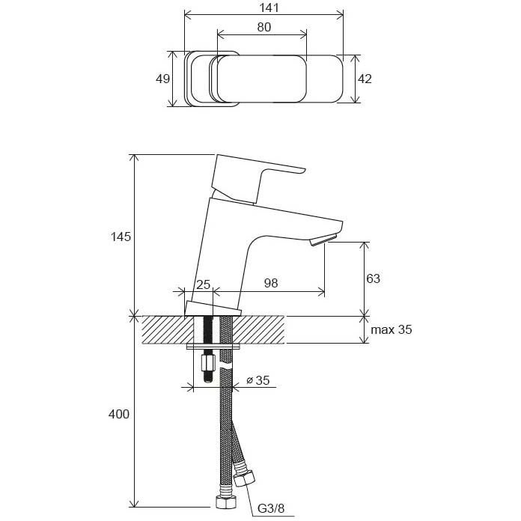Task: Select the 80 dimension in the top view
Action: click(x=263, y=26)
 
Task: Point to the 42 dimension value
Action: click(x=365, y=79)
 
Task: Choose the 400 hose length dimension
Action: click(x=120, y=414)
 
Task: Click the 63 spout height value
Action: click(x=373, y=278)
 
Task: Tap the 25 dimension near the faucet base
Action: click(x=202, y=284)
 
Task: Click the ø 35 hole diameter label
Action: click(x=258, y=380)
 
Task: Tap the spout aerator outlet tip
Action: click(x=323, y=240)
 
